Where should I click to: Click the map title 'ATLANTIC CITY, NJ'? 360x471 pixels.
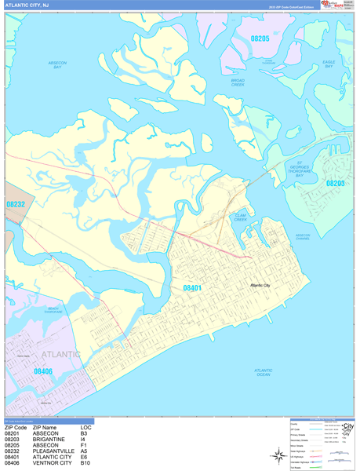pos(26,5)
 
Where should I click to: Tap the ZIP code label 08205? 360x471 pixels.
pos(260,38)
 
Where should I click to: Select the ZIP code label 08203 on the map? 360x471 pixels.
pos(335,183)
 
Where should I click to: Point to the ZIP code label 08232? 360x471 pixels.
pos(16,204)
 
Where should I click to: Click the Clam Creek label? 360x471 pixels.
pos(240,217)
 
